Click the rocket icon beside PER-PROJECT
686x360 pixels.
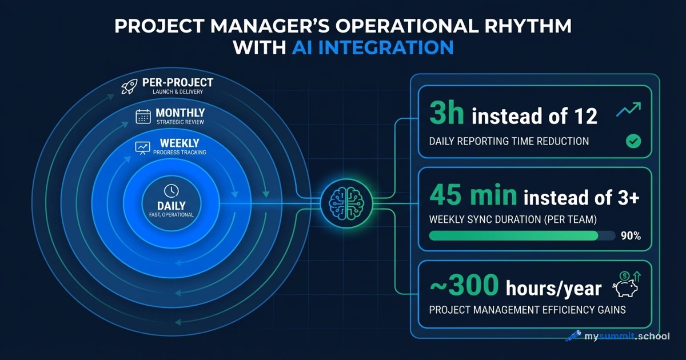coord(129,87)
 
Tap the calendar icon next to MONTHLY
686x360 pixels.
coord(143,116)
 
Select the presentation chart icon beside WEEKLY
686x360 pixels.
coord(142,147)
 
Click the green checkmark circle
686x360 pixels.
coord(633,141)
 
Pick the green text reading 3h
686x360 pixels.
coord(446,114)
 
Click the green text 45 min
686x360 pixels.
coord(472,196)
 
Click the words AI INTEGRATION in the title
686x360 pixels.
coord(372,47)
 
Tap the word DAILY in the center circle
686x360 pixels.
coord(171,206)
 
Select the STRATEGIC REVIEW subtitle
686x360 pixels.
coord(180,122)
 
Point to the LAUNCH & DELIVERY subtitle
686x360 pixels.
coord(177,92)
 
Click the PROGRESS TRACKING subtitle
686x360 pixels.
coord(180,153)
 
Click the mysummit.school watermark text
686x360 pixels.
coord(627,336)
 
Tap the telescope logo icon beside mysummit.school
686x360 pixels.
coord(573,336)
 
